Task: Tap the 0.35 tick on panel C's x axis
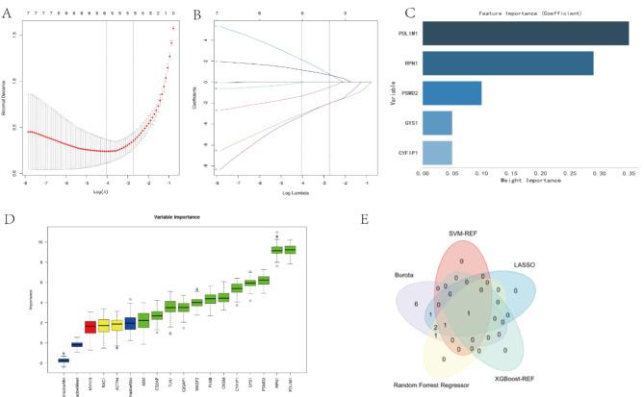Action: click(628, 173)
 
